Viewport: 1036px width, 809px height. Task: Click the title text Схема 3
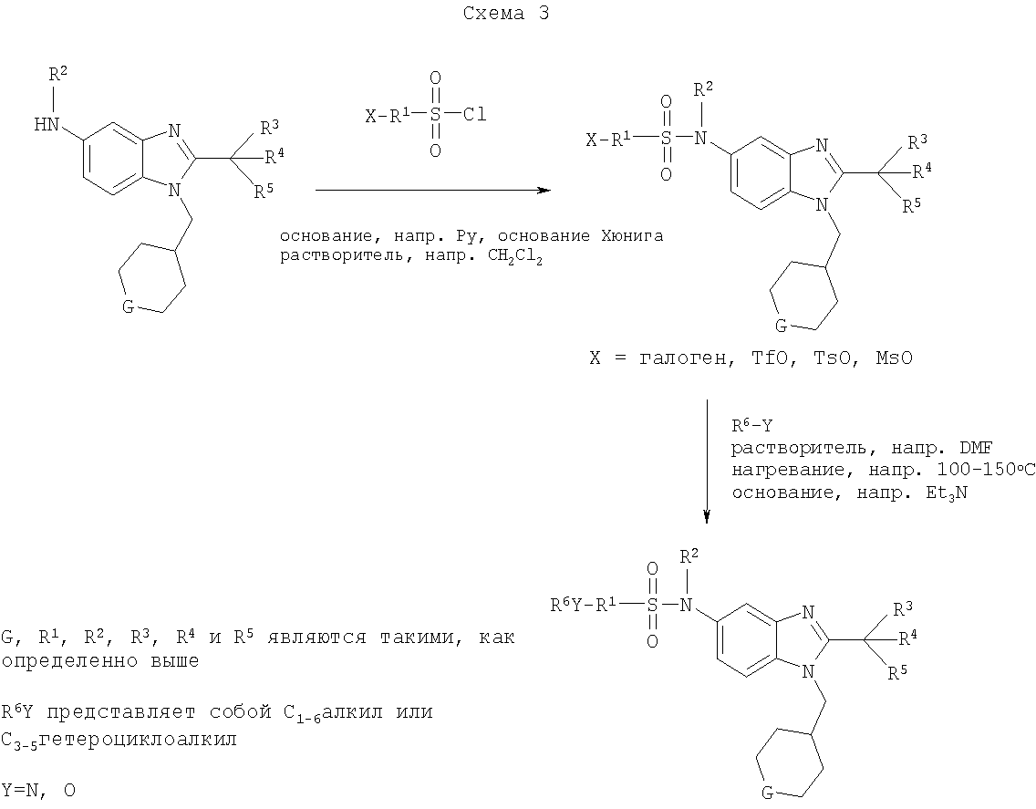(505, 13)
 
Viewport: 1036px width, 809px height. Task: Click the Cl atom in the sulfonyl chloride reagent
(473, 114)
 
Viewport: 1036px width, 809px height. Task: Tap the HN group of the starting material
(47, 124)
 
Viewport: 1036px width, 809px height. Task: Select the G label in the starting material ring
(129, 306)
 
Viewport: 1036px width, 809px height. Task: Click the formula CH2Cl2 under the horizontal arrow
(514, 257)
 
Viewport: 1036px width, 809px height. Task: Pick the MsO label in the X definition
(894, 358)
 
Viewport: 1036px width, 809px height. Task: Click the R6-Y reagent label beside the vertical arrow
(751, 425)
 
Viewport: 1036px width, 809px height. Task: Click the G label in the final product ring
(767, 791)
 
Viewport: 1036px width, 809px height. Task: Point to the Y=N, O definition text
(38, 791)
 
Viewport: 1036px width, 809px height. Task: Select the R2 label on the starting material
(57, 74)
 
